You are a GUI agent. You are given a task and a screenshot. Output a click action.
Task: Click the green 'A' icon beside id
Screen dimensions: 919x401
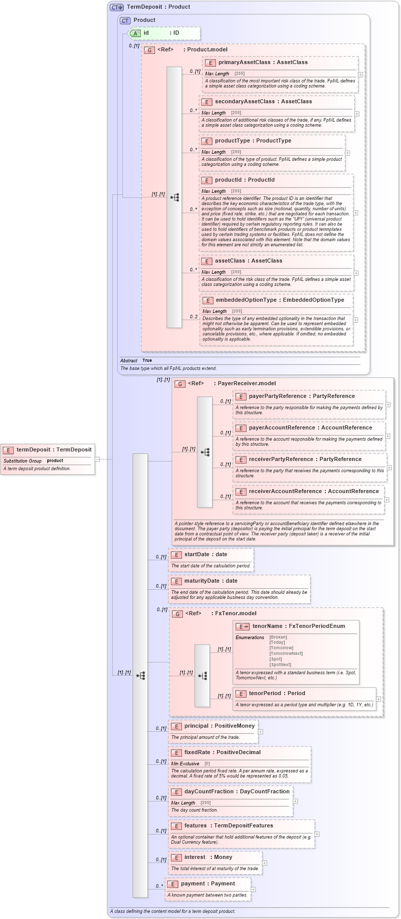coord(135,33)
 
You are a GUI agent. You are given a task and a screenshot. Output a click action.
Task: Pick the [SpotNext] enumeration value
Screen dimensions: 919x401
coord(280,665)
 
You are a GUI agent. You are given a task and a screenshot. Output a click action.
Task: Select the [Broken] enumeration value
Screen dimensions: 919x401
coord(278,637)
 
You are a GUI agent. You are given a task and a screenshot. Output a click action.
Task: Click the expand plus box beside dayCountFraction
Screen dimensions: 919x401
coord(295,801)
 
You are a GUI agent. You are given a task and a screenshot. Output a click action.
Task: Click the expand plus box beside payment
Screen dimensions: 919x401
coord(253,889)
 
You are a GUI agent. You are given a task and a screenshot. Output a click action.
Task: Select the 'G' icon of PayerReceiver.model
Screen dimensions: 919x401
coord(180,384)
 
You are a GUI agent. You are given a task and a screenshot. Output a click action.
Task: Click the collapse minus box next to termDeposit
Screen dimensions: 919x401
coord(98,459)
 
